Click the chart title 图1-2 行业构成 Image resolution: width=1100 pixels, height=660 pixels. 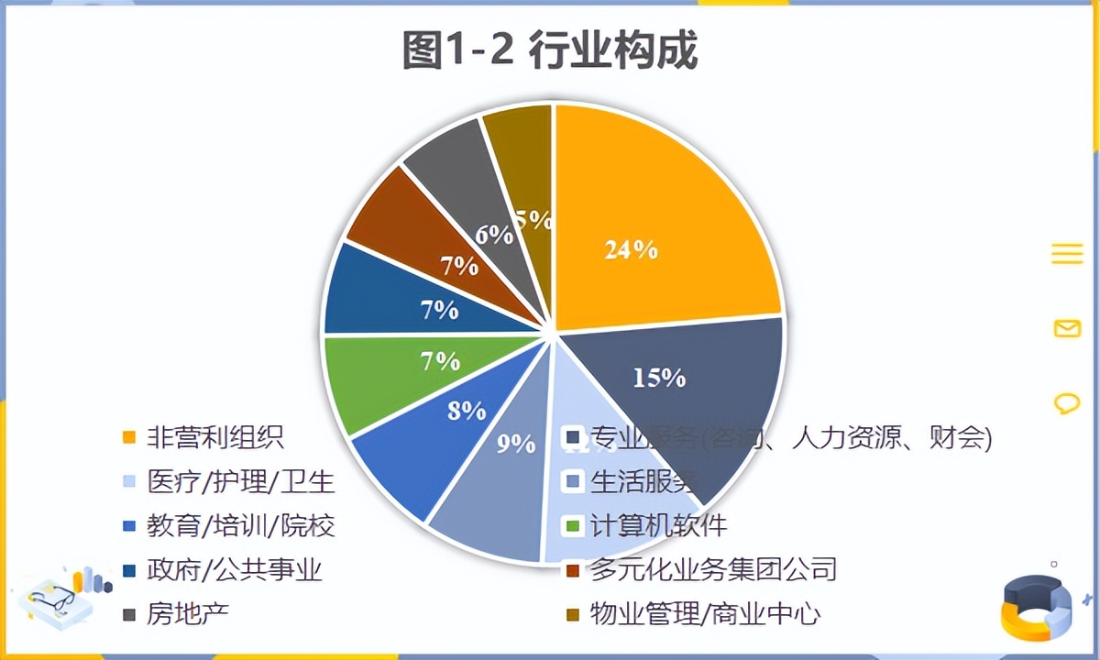550,50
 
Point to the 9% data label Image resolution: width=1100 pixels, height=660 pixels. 516,444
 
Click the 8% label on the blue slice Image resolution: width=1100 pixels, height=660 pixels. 467,410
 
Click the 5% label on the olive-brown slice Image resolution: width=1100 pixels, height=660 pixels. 533,220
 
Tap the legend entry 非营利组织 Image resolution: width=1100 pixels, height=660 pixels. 215,436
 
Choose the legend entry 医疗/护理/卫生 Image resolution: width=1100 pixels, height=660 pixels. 241,480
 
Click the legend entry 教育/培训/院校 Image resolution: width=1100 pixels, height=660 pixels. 241,525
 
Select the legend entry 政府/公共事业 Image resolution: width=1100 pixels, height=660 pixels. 235,570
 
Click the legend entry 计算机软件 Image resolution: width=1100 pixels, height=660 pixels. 658,525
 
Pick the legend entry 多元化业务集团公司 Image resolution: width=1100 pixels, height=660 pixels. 713,569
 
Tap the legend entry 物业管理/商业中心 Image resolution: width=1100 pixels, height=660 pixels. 704,614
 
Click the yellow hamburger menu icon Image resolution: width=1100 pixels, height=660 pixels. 1067,254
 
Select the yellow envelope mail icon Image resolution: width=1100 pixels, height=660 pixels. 1067,328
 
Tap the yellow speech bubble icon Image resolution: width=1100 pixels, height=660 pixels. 1067,402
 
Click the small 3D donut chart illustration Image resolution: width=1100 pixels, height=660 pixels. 1037,605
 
